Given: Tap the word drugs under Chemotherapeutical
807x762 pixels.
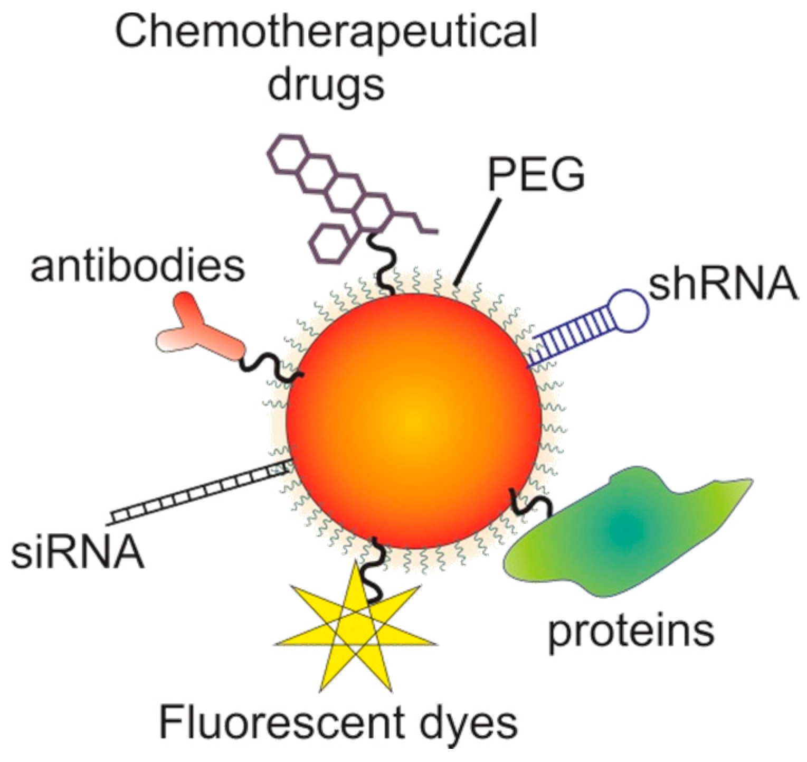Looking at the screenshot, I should tap(326, 84).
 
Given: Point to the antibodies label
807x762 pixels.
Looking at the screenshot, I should tap(138, 267).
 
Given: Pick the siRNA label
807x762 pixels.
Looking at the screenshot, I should tap(78, 552).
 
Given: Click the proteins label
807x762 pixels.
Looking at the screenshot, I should tap(631, 632).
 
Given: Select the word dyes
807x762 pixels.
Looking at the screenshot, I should tap(472, 725).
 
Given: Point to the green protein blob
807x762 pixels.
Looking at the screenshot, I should tap(623, 533).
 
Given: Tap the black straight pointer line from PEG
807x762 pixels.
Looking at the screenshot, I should tap(478, 243).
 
